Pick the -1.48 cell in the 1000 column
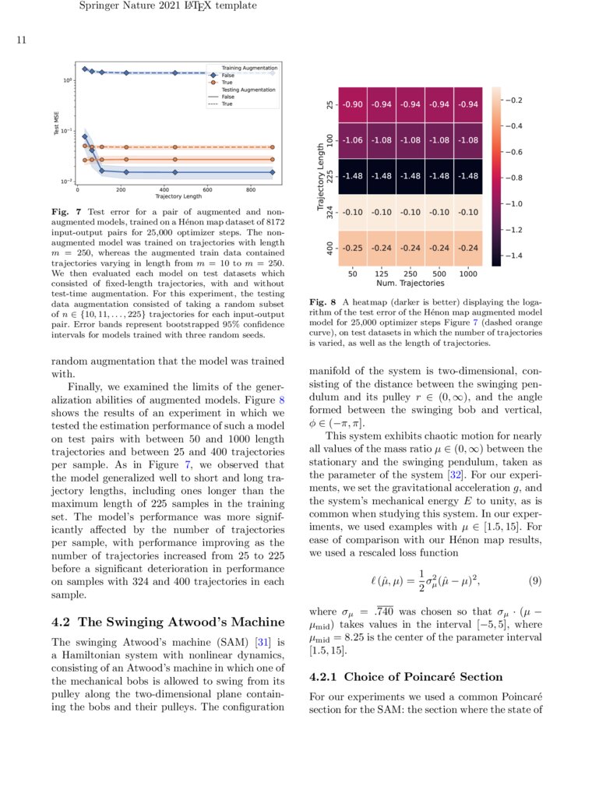tap(468, 176)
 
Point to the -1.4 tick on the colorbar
tap(515, 255)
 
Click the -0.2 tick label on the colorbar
tap(515, 101)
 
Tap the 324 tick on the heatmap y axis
tap(330, 212)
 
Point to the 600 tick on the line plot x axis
tap(207, 189)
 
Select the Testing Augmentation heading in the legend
tap(248, 90)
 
